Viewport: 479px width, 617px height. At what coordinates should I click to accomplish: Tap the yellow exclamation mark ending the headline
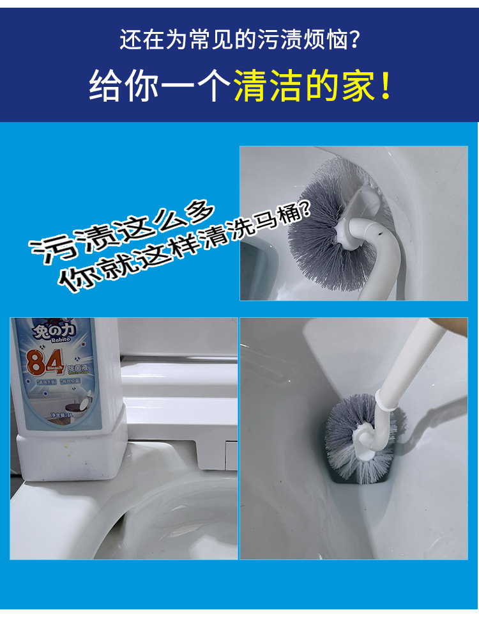pos(386,86)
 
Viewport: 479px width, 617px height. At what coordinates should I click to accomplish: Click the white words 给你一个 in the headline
pos(159,86)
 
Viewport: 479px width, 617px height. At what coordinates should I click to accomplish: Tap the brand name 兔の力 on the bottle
pos(50,332)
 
